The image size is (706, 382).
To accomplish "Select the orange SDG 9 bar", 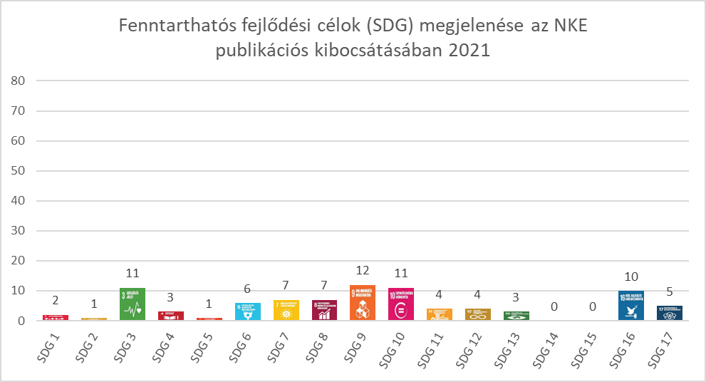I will (x=363, y=303).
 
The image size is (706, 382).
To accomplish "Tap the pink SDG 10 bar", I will (x=401, y=304).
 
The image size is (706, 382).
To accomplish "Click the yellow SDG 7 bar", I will (x=286, y=311).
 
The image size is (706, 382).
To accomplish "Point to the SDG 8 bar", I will (x=324, y=311).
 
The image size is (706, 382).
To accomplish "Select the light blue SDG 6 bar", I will (x=247, y=312).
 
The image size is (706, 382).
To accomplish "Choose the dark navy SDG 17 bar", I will (x=670, y=313).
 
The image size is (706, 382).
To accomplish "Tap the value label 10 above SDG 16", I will (x=631, y=277).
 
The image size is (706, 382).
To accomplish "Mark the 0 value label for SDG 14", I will (x=554, y=307).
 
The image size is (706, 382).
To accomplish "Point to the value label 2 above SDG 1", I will (x=56, y=301).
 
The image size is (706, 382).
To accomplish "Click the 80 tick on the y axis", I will (x=19, y=81).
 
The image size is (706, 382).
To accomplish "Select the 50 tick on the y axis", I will (x=19, y=171).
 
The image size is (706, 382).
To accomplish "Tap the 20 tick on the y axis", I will (x=19, y=261).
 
